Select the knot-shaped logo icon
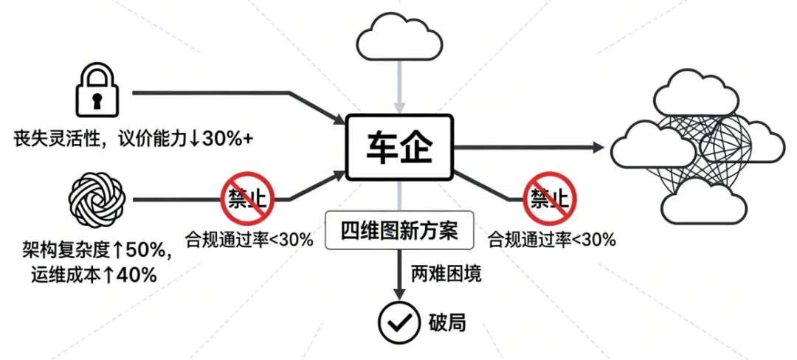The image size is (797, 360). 97,197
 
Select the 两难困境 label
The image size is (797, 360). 446,275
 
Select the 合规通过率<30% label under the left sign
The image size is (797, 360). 249,238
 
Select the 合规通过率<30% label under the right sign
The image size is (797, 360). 552,238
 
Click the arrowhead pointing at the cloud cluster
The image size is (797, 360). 597,148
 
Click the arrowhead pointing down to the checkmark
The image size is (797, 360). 399,294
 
